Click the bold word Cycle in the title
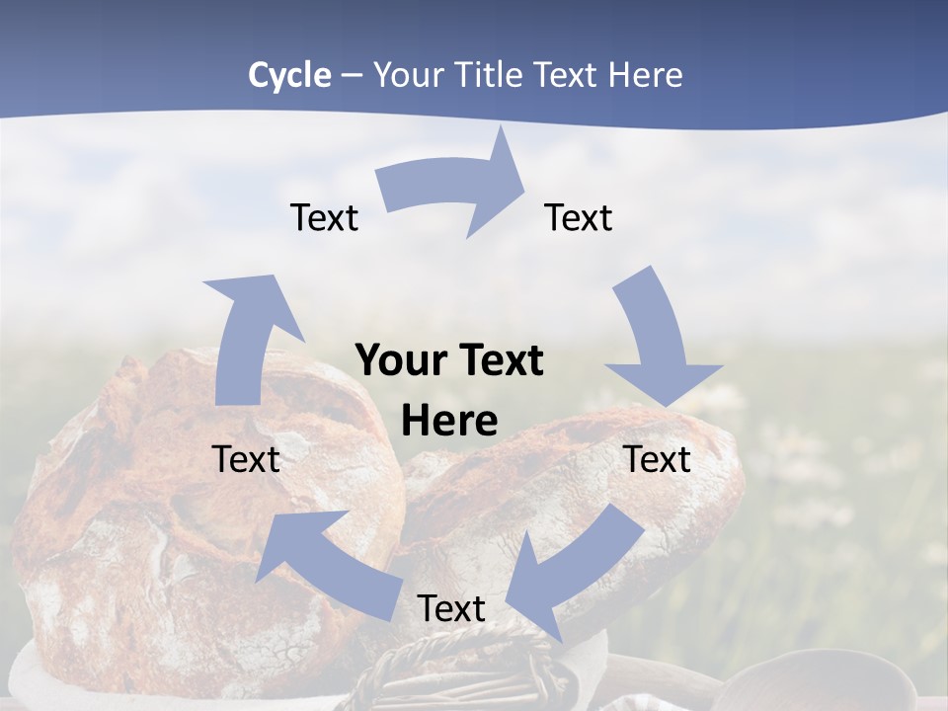[289, 75]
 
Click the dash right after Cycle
[352, 75]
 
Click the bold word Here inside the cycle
[449, 422]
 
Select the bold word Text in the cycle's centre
[500, 361]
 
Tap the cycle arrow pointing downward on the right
[657, 341]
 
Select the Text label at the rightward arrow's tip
[579, 217]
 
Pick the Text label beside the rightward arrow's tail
[324, 217]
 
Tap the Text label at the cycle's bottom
[451, 608]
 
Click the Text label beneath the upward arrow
[246, 459]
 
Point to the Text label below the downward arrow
[657, 459]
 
